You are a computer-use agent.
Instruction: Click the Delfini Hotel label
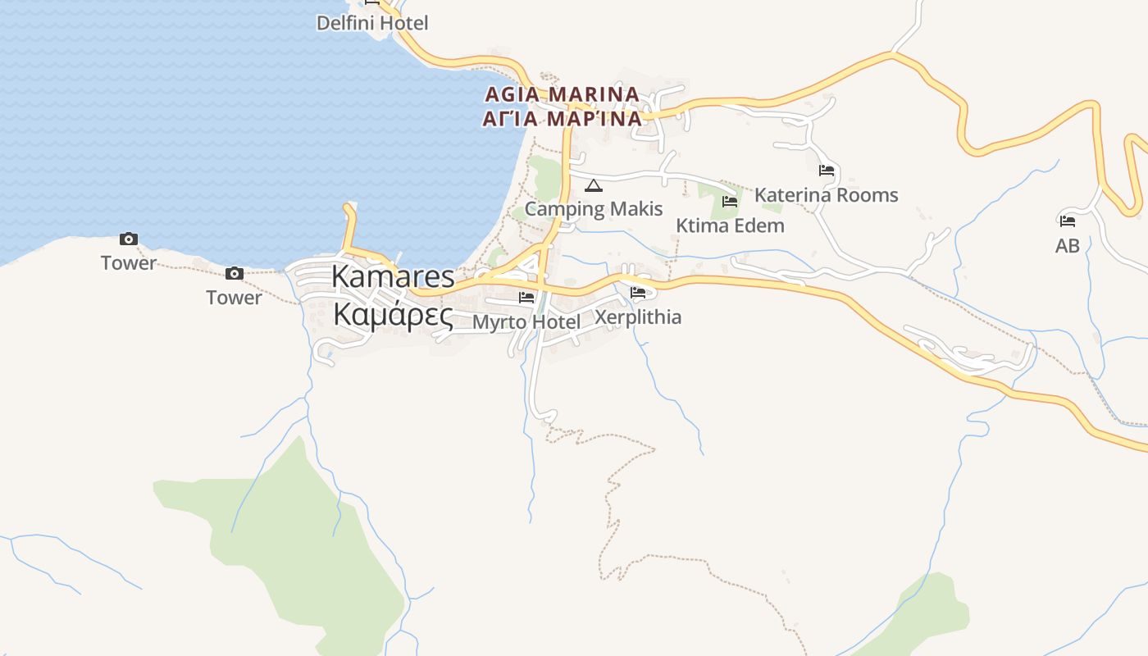pos(372,23)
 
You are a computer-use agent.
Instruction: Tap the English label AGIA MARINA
pos(562,94)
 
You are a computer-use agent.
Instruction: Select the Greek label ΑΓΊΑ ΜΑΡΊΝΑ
pos(562,118)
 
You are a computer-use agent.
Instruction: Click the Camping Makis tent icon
pos(593,185)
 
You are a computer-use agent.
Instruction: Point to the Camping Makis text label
pos(593,208)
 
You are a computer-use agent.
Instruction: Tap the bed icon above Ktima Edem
pos(729,202)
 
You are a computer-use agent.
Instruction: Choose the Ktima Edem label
pos(730,225)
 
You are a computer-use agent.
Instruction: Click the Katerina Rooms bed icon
pos(826,171)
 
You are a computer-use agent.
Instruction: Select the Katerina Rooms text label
pos(826,195)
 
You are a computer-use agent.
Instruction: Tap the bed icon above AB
pos(1067,221)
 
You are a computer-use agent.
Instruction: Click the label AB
pos(1067,245)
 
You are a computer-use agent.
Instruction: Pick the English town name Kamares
pos(392,277)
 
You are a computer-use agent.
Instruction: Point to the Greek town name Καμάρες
pos(392,314)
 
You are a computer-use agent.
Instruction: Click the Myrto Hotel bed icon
pos(526,297)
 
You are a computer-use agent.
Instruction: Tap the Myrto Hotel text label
pos(526,321)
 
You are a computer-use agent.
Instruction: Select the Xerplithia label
pos(637,317)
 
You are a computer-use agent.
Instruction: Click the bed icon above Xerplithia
pos(638,292)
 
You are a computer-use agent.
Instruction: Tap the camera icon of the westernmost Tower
pos(128,239)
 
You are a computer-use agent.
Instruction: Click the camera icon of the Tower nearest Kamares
pos(234,274)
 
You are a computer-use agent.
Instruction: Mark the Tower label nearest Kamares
pos(234,298)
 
